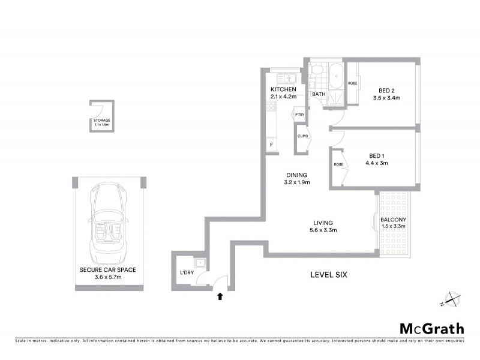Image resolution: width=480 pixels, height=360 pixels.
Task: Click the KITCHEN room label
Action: click(x=284, y=89)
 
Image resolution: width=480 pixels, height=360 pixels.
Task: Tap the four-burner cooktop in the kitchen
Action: click(x=271, y=107)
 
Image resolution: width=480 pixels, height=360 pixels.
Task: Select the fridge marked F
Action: click(x=271, y=145)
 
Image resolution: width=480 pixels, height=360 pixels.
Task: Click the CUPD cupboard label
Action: click(x=302, y=136)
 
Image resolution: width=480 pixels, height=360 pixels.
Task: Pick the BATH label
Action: click(x=318, y=94)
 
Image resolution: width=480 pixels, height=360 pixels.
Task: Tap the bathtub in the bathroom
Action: click(x=335, y=77)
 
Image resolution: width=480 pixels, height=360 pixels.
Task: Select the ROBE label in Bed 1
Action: click(x=338, y=164)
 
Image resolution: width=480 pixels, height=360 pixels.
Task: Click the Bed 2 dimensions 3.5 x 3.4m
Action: click(x=386, y=97)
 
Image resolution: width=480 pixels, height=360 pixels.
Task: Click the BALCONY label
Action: click(x=394, y=220)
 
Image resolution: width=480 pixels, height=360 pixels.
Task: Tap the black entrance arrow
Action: click(x=220, y=295)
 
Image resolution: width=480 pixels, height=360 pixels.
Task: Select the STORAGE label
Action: click(x=101, y=120)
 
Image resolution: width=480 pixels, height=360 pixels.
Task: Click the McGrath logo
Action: click(x=432, y=328)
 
